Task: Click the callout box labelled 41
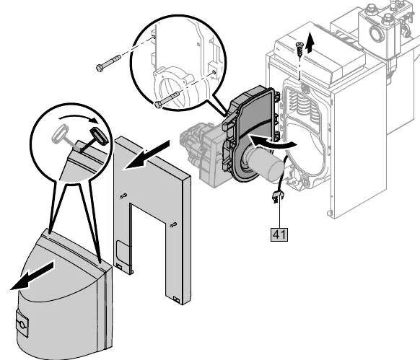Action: [x=279, y=234]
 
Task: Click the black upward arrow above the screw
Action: [x=310, y=42]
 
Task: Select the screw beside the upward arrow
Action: [x=299, y=49]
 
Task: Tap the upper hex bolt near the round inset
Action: [x=108, y=63]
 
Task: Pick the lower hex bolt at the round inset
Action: [x=167, y=100]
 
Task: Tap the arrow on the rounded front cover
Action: [x=32, y=276]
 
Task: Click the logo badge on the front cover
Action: [x=22, y=323]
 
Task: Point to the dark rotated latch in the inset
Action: [x=99, y=136]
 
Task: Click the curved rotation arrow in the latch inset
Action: [x=79, y=118]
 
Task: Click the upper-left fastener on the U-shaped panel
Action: [x=123, y=196]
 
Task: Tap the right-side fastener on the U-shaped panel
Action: [x=174, y=224]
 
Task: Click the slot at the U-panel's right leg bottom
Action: [x=177, y=299]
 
